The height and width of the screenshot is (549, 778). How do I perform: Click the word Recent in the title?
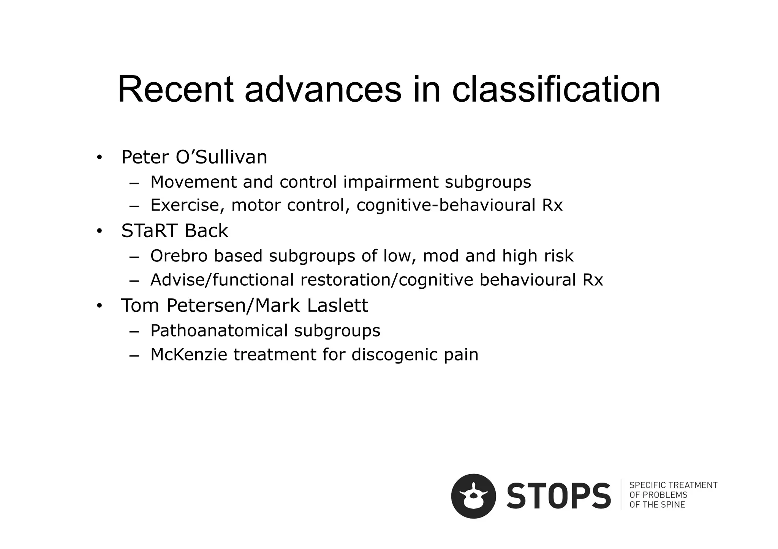pos(175,90)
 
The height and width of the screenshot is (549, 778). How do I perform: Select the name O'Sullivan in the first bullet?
pos(221,157)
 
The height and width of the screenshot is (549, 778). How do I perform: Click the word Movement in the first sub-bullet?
pos(193,182)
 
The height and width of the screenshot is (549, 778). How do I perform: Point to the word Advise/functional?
pos(222,280)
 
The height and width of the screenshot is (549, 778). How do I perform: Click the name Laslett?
pos(337,305)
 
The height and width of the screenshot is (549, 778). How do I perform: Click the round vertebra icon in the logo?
pos(473,496)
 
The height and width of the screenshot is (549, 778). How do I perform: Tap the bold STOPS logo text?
pos(558,496)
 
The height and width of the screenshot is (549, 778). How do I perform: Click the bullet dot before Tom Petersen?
pos(99,306)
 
